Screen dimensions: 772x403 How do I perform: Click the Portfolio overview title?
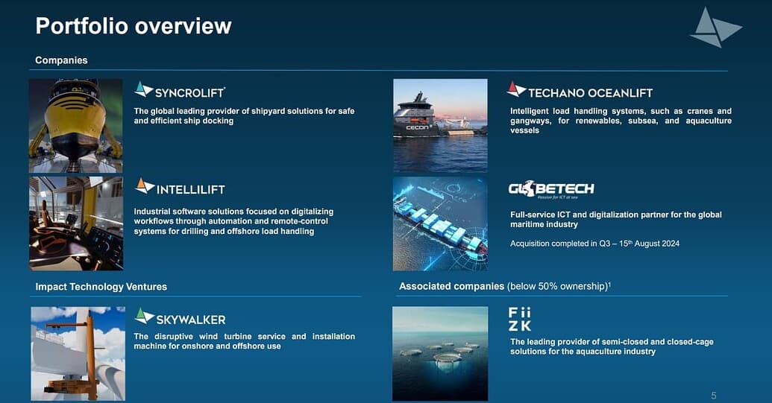coord(134,26)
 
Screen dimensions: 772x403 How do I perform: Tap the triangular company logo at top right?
coord(715,28)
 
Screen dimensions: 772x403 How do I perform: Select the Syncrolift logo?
coord(180,90)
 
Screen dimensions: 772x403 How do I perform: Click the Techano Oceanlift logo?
coord(580,90)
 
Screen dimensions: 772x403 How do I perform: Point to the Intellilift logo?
coord(181,187)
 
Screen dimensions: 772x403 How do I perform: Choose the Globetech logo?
coord(551,189)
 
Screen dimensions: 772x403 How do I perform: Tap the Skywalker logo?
coord(181,317)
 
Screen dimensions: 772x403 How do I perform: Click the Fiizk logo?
coord(520,320)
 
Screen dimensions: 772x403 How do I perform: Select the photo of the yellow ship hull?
coord(76,126)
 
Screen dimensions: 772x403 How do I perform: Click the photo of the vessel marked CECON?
coord(440,126)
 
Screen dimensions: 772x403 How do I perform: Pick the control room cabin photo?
coord(76,223)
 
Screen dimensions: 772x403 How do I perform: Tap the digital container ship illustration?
coord(440,224)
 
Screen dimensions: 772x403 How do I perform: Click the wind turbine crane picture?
coord(78,354)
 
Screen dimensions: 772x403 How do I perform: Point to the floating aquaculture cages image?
coord(440,354)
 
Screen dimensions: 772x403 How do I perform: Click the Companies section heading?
coord(62,60)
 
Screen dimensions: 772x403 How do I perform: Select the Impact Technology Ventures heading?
coord(101,287)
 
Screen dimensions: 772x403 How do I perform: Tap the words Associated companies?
coord(451,286)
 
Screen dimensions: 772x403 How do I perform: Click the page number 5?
coord(714,396)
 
